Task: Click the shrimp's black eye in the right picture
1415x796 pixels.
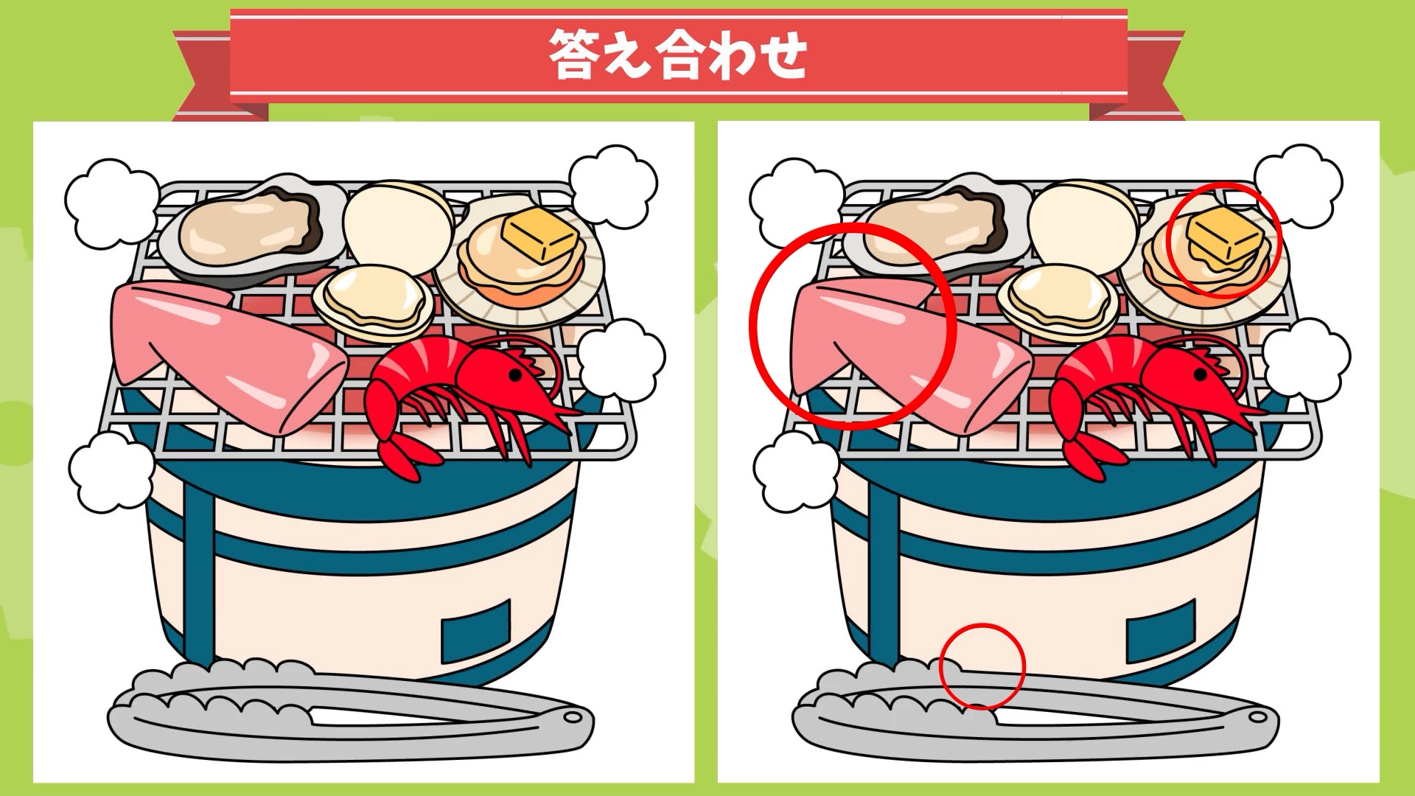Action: (x=1202, y=375)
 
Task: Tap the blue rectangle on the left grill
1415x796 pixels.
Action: (x=476, y=631)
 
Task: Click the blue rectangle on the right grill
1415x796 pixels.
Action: (x=1161, y=631)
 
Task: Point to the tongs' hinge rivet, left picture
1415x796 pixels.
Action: (x=571, y=716)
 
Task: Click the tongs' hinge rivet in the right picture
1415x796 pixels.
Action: (x=1257, y=716)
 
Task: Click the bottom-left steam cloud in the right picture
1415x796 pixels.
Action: (x=797, y=472)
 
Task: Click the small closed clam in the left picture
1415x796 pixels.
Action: (x=373, y=302)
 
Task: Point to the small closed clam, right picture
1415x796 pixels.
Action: (x=1058, y=302)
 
